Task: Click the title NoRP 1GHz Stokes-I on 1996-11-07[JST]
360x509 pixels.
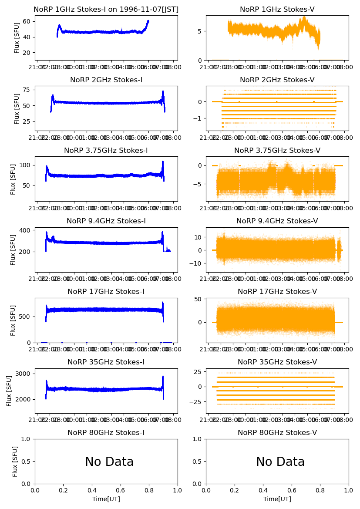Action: point(106,10)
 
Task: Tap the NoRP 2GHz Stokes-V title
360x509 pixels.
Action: point(277,80)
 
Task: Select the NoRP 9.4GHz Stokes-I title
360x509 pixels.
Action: point(106,221)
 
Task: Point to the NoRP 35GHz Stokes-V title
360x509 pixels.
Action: point(277,362)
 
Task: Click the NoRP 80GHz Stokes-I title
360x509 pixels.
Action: point(106,433)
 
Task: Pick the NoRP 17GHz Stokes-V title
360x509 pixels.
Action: point(277,292)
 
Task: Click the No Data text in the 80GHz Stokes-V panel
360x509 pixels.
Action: point(280,462)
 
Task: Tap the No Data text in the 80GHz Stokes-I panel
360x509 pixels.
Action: point(109,462)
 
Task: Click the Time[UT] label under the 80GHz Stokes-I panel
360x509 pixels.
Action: point(106,499)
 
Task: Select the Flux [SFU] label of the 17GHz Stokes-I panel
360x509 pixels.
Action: point(13,320)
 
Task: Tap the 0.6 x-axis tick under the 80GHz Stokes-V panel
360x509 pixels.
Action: point(292,491)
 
